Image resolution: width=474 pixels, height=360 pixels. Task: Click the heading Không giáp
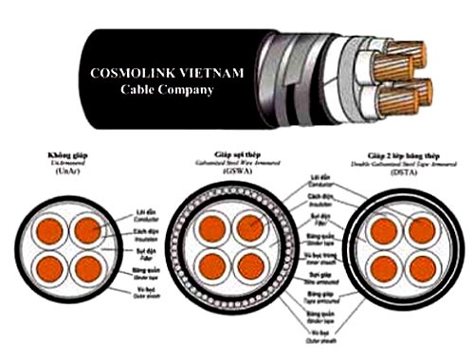tap(54, 153)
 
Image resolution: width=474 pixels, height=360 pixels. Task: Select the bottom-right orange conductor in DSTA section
tap(419, 265)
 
